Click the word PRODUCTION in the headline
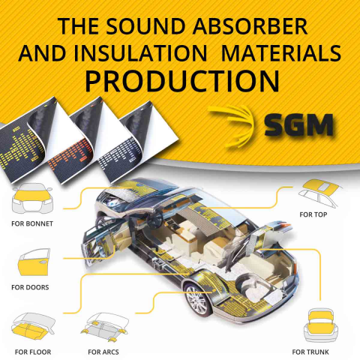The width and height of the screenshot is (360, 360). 182,81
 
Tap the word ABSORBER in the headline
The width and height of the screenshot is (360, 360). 250,26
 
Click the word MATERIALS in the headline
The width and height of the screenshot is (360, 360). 281,53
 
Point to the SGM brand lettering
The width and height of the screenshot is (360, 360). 299,125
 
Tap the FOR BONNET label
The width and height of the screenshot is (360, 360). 32,223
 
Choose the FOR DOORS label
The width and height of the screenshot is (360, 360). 30,287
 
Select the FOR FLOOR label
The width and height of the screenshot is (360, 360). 33,352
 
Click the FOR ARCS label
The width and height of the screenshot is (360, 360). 103,352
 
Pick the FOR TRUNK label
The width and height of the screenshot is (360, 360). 310,352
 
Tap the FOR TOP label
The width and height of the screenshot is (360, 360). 313,214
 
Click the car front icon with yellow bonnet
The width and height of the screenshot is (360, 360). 32,198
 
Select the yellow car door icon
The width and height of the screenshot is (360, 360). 34,262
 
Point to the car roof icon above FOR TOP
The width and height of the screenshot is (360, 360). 321,192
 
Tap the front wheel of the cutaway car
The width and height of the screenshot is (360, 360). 198,299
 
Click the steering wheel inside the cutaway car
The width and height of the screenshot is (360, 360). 154,217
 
